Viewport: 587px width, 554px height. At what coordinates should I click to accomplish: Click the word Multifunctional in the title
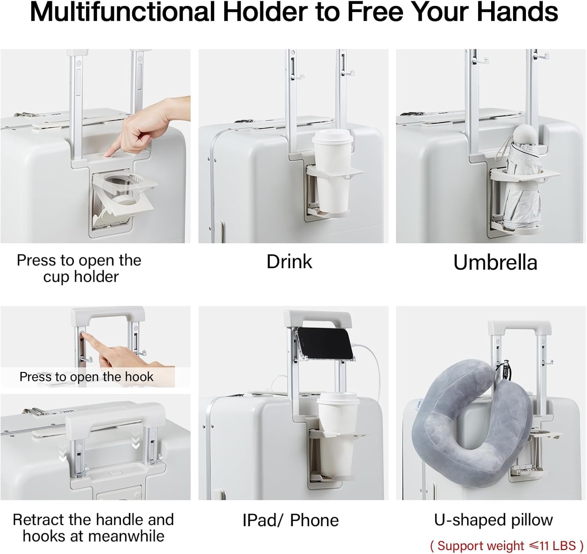tap(122, 12)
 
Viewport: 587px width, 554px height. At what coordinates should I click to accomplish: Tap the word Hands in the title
tap(518, 12)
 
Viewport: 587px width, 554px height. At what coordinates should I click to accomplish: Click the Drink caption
tap(289, 262)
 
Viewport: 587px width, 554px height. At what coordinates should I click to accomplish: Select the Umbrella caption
tap(495, 262)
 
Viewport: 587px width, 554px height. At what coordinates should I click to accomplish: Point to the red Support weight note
tap(507, 545)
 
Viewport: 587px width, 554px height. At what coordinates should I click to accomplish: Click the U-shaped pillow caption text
tap(493, 520)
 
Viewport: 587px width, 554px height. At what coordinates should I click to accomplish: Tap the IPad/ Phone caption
tap(290, 521)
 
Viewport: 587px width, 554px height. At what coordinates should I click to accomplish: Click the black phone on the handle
tap(326, 343)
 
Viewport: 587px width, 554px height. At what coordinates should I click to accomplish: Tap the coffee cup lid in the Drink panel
tap(333, 137)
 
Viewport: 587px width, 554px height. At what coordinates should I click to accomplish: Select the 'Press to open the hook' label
tap(86, 377)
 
